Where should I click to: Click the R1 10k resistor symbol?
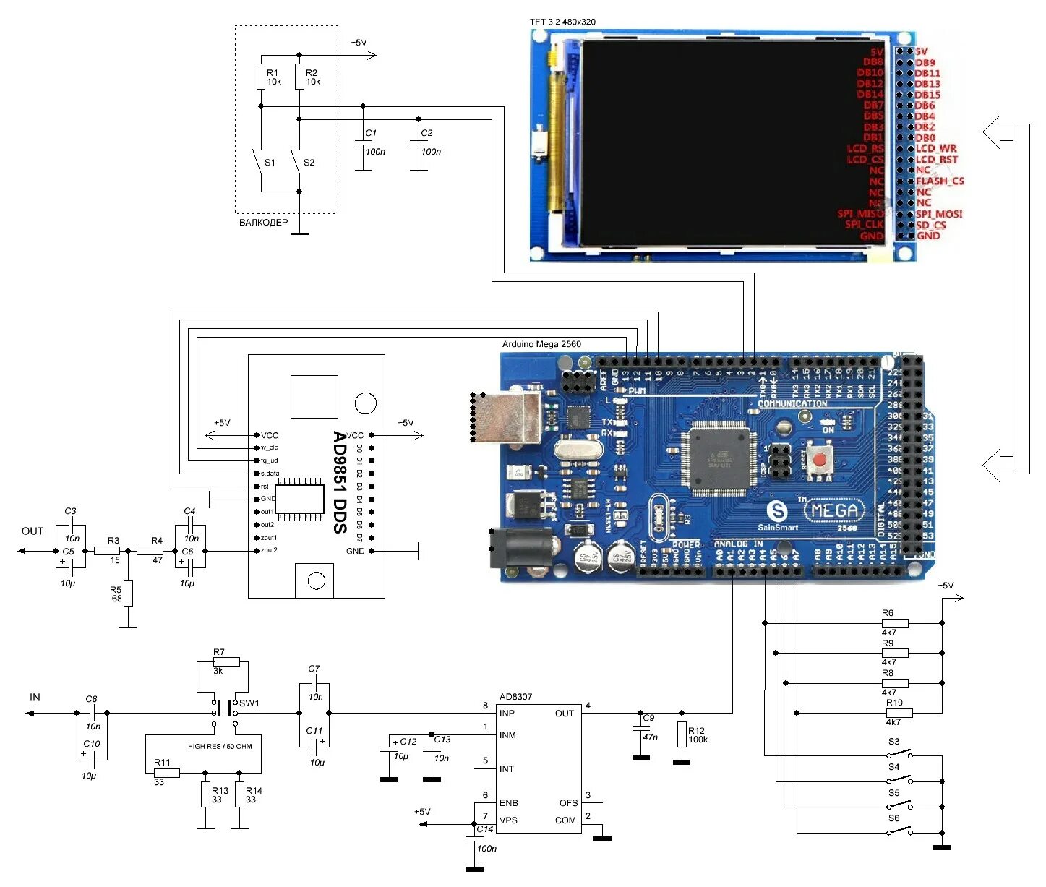point(261,77)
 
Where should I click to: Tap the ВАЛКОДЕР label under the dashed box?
point(263,223)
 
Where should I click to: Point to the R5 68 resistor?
point(128,594)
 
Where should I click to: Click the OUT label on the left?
point(33,531)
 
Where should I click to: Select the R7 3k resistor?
point(226,661)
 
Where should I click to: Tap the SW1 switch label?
point(249,703)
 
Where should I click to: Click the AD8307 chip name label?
point(515,697)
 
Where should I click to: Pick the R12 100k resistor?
point(682,734)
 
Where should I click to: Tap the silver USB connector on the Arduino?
point(507,417)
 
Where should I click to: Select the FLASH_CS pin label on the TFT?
point(940,181)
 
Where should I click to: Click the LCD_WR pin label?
point(936,149)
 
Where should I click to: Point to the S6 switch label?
point(894,818)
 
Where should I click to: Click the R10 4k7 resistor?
point(899,713)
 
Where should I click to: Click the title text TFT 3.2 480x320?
point(562,22)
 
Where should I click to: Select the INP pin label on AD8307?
point(507,714)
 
